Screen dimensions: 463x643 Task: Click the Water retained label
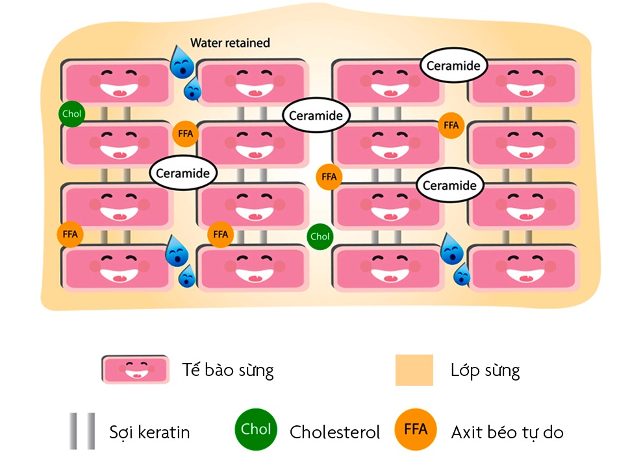pos(230,44)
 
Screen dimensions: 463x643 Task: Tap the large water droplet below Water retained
pos(180,62)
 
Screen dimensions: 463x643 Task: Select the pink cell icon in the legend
pos(135,369)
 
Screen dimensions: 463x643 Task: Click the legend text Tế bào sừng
pos(227,371)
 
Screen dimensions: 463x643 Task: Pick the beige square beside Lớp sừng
pos(414,370)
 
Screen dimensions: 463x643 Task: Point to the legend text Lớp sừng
pos(485,371)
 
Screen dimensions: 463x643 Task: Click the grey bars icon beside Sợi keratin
pos(82,431)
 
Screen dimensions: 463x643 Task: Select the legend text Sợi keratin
pos(149,432)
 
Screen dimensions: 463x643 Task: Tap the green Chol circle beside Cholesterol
pos(256,429)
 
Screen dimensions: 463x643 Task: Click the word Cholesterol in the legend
pos(334,432)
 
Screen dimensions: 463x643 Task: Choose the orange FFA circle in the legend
pos(416,429)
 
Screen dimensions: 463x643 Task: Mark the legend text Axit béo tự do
pos(507,432)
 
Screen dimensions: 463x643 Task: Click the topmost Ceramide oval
pos(453,66)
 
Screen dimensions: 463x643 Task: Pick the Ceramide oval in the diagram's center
pos(316,116)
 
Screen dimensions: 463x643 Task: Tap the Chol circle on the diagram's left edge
pos(71,114)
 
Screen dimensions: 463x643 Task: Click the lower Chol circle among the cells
pos(320,236)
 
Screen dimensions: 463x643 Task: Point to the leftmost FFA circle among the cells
pos(70,234)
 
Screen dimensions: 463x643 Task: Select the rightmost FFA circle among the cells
pos(451,125)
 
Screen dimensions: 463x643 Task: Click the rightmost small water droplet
pos(462,275)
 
